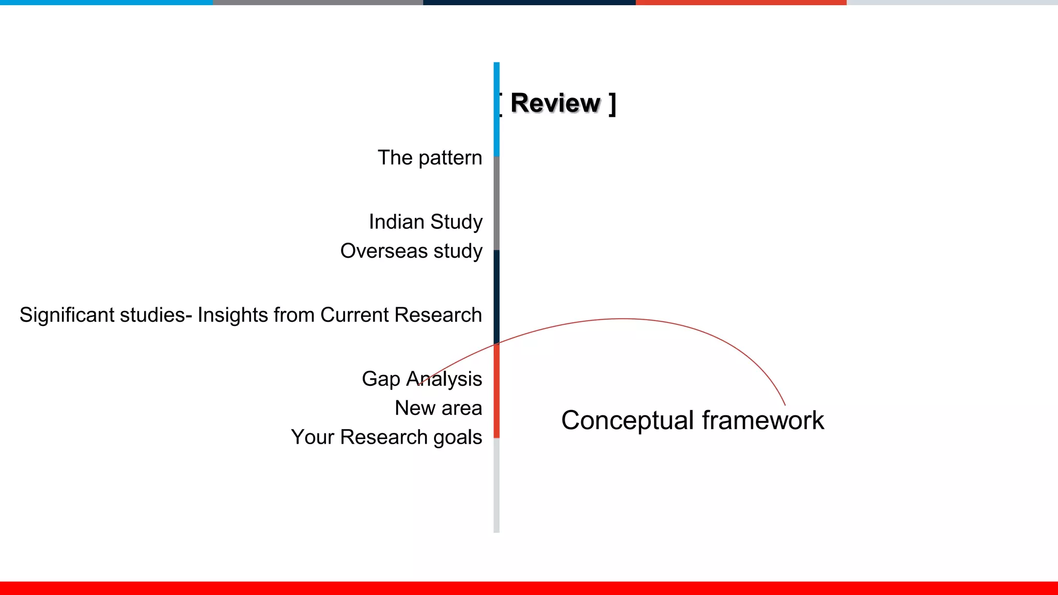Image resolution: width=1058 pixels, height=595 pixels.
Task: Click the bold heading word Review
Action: point(555,103)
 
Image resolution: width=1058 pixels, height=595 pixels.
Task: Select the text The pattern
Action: point(430,158)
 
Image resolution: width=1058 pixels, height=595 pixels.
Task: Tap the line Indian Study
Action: point(426,222)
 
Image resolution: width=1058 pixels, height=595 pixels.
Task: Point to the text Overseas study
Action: point(411,251)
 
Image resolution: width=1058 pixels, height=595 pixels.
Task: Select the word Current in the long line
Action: point(354,315)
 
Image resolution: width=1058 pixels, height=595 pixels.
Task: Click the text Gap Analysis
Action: point(422,379)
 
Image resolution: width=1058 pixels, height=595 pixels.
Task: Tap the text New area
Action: point(438,408)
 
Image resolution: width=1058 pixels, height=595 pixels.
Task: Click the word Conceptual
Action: point(627,420)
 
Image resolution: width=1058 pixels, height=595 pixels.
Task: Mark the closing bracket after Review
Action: point(612,104)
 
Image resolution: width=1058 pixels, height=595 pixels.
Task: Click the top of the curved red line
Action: point(624,319)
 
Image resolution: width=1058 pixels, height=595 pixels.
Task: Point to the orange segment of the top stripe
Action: point(741,3)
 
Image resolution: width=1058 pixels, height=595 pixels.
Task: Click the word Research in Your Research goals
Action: point(384,437)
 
